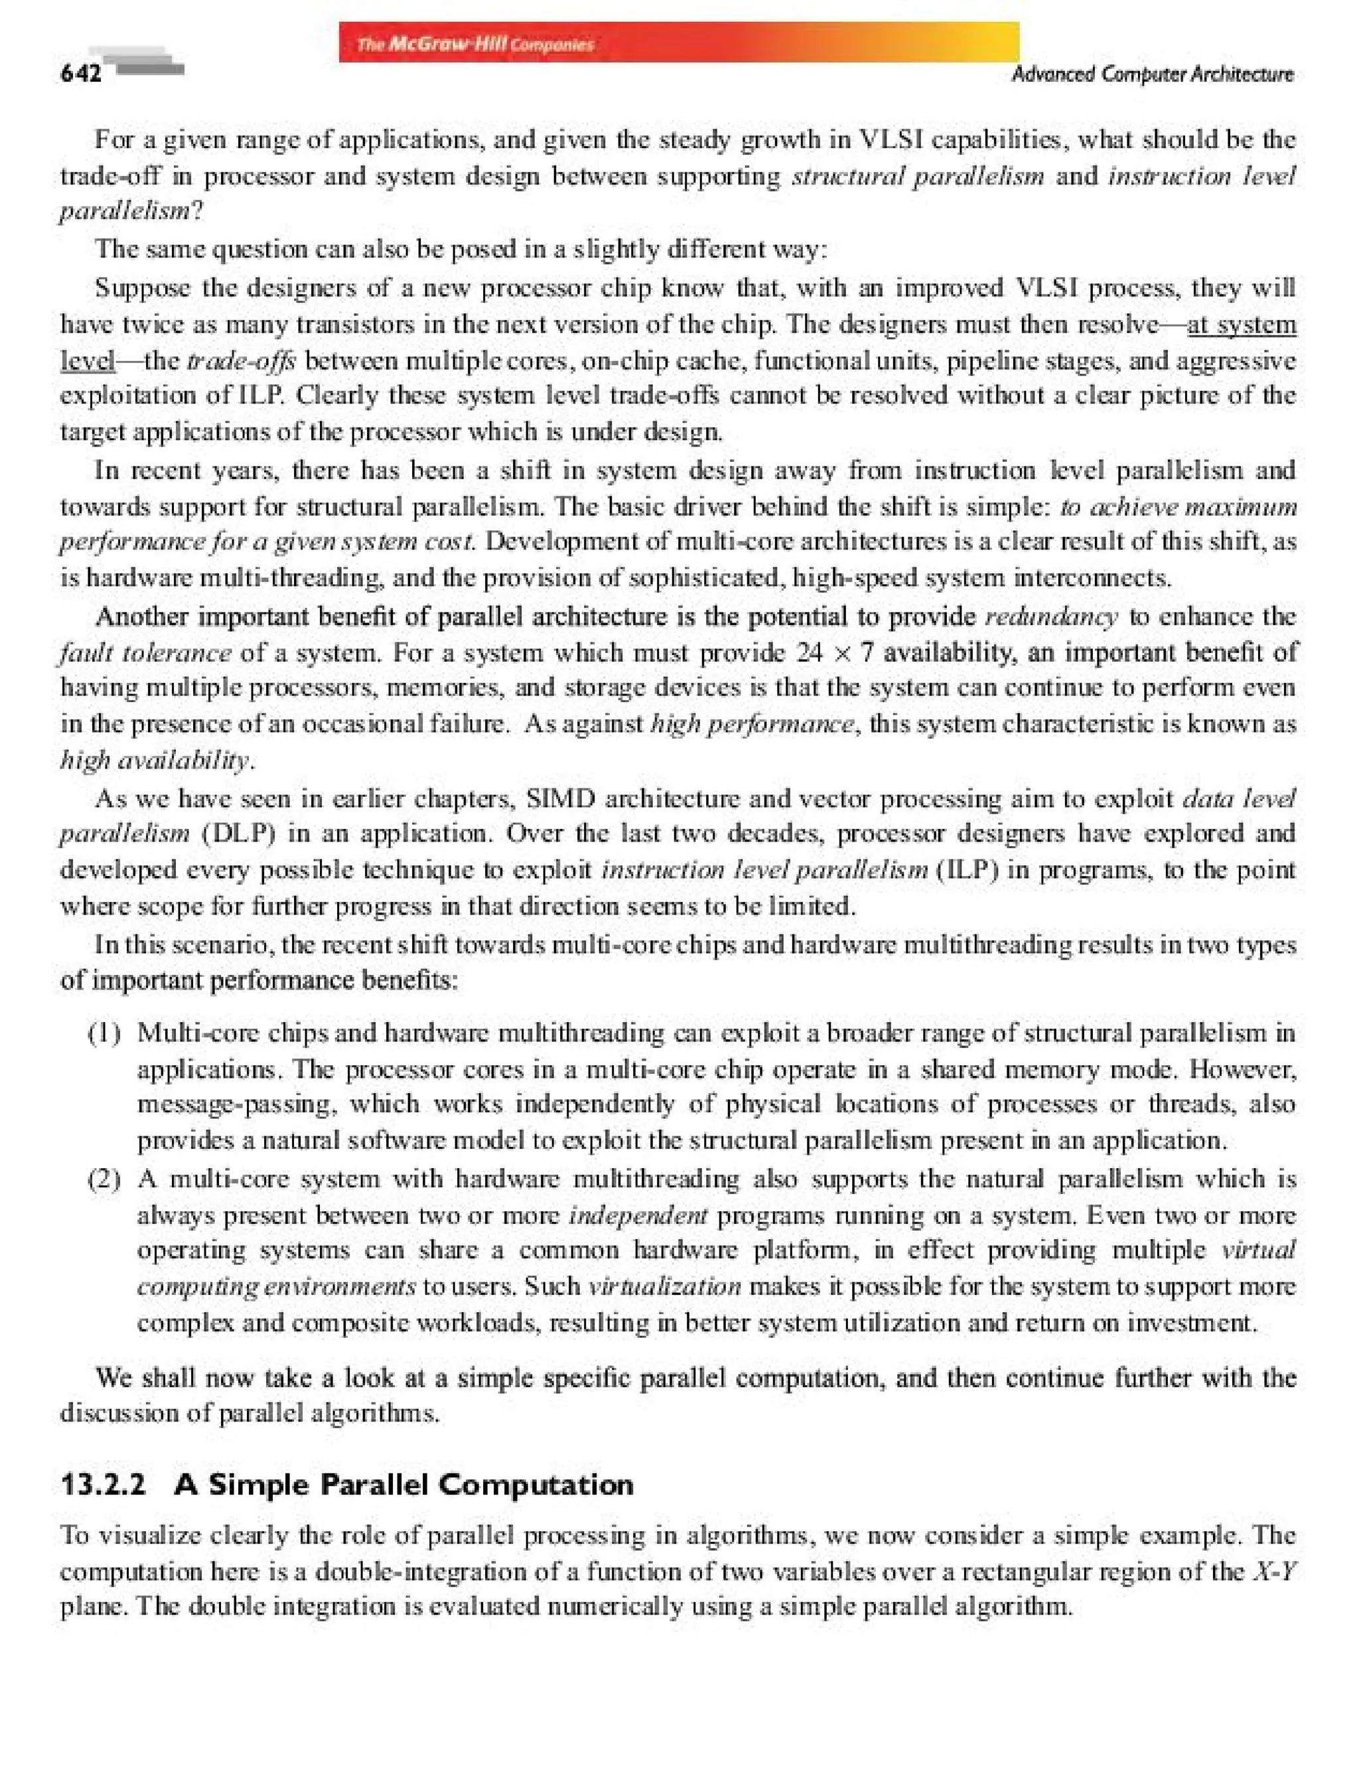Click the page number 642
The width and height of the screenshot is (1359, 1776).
tap(81, 74)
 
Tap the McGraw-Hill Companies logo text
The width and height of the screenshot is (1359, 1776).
tap(475, 44)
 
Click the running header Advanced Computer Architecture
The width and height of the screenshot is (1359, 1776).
tap(1152, 74)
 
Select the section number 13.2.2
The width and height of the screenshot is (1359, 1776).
tap(104, 1485)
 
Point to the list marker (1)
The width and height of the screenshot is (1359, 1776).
tap(105, 1033)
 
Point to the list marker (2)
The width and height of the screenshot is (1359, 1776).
tap(105, 1179)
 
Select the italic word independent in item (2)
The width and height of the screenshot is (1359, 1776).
tap(638, 1215)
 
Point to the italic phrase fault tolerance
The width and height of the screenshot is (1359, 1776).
tap(145, 652)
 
